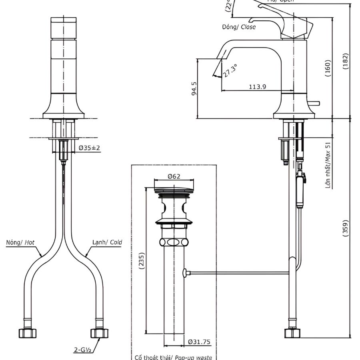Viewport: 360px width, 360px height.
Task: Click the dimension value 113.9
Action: click(257, 86)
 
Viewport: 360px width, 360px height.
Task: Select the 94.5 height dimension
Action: click(194, 88)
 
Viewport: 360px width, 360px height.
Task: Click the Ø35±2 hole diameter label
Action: click(89, 148)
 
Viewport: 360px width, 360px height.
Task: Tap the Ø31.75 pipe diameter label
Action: click(199, 342)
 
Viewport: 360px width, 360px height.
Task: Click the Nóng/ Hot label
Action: click(20, 242)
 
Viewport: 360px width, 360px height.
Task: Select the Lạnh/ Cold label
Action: click(107, 242)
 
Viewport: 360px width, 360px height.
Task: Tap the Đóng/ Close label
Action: click(239, 27)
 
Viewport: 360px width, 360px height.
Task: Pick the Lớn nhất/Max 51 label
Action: click(328, 165)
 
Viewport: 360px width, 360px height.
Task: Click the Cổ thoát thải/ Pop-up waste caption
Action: click(173, 357)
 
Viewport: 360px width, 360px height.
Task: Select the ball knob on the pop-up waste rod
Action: click(185, 273)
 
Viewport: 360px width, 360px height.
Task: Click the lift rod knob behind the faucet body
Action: click(316, 104)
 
